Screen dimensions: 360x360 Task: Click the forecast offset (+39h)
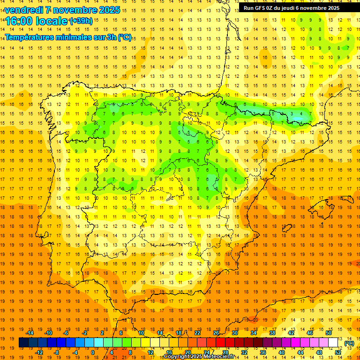[81, 21]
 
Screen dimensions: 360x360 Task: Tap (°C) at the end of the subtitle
[125, 37]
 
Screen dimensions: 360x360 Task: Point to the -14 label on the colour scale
[30, 333]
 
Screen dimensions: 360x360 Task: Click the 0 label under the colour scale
[93, 352]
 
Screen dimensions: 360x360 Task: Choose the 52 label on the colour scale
[338, 352]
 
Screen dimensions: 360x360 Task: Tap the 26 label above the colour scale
[216, 333]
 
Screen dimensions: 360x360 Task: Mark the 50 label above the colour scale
[329, 333]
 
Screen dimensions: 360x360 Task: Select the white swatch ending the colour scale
[333, 343]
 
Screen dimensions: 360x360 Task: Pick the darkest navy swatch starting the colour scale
[23, 343]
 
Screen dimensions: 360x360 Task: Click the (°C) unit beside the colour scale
[349, 343]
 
